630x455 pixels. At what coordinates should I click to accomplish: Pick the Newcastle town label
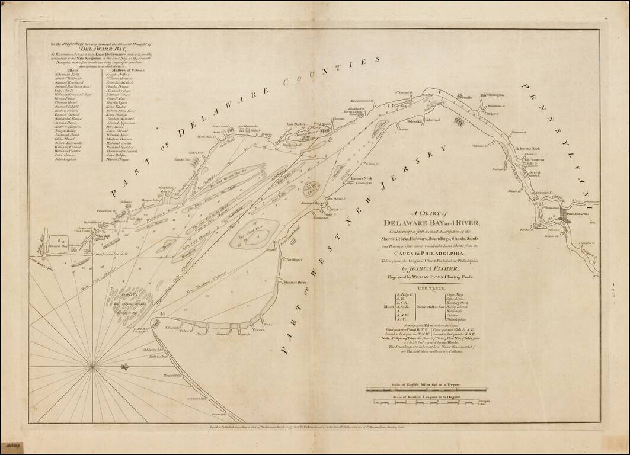[x=464, y=97]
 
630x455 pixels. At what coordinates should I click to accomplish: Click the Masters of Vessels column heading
[x=125, y=69]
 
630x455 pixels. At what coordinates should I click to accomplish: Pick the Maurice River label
[x=294, y=283]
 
